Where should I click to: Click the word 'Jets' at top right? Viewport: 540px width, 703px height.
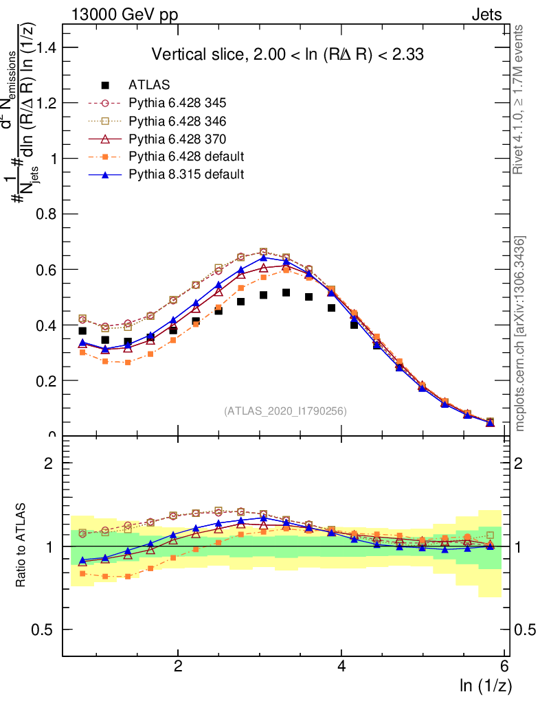(486, 14)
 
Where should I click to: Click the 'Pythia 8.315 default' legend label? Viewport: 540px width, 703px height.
(186, 175)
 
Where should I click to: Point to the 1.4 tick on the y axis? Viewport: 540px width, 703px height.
(46, 47)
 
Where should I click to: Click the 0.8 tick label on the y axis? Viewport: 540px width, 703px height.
(46, 214)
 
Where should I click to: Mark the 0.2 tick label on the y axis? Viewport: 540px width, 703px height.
(46, 380)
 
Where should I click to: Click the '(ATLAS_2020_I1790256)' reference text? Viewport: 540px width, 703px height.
(285, 411)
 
